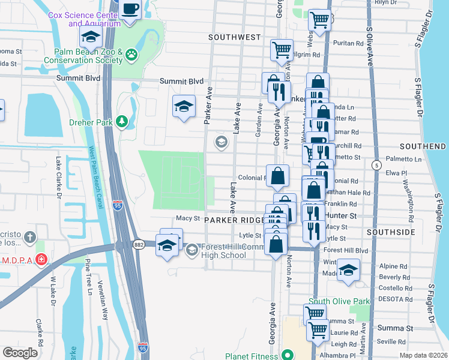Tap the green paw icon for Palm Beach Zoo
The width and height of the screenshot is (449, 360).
tap(131, 56)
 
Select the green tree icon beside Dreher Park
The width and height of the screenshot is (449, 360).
tap(122, 122)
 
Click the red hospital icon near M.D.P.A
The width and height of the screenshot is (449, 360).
tap(40, 260)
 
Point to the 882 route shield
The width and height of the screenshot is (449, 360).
tap(139, 245)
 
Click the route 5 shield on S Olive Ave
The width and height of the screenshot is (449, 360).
tap(376, 164)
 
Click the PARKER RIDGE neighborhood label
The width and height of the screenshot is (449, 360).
tap(234, 220)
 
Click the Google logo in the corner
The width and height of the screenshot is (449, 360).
tap(20, 352)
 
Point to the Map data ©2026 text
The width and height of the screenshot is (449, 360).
tap(423, 356)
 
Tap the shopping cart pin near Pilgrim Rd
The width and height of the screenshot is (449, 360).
tap(281, 50)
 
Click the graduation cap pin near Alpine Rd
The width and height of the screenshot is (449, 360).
tap(348, 270)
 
